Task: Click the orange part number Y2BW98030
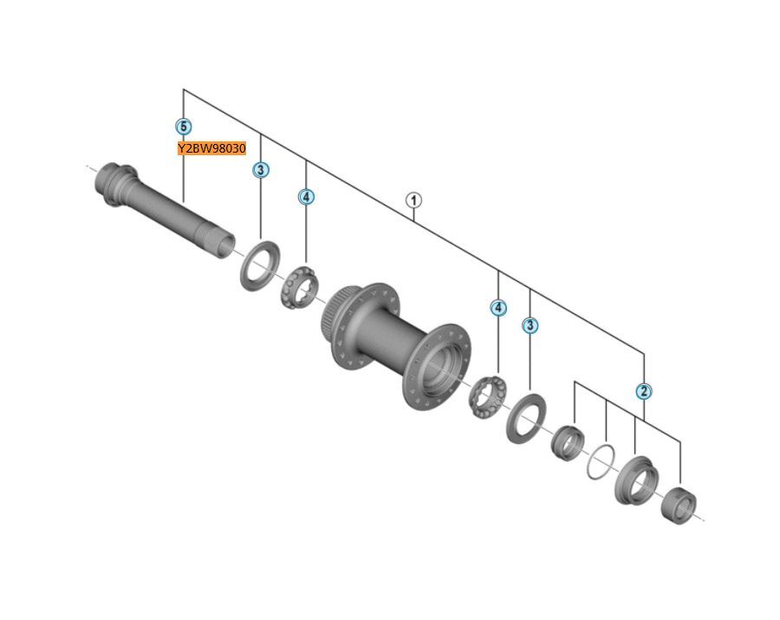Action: [211, 148]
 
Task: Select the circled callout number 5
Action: [183, 127]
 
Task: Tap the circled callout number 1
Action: [413, 200]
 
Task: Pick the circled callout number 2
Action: [643, 391]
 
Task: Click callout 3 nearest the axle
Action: [261, 170]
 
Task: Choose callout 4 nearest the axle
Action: [306, 197]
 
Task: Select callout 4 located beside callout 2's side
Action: [497, 308]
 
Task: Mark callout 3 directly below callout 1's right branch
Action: [530, 326]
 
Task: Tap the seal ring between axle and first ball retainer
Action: [259, 266]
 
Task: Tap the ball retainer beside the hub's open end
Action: [486, 395]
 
